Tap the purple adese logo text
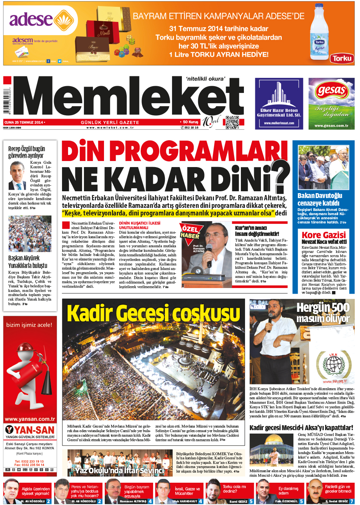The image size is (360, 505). pos(31,20)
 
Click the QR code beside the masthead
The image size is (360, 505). pos(232,122)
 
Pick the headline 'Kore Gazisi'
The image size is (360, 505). pos(323,235)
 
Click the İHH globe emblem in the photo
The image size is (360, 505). pos(333,364)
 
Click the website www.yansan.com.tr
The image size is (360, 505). pos(30,419)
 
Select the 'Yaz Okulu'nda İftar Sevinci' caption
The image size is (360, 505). pos(119,471)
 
